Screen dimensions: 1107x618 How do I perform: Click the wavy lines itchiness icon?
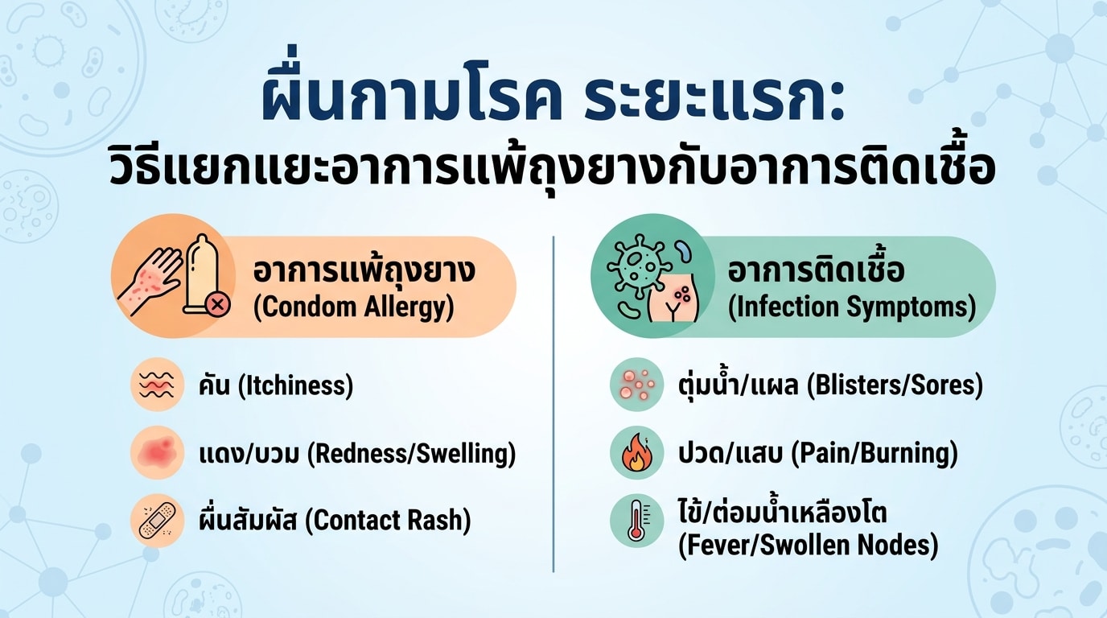click(x=157, y=385)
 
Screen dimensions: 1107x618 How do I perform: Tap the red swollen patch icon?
click(x=157, y=452)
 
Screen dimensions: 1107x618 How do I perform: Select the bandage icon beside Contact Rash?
click(x=157, y=521)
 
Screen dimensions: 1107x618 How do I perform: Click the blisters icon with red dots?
click(x=636, y=385)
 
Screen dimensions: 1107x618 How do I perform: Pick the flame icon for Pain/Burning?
click(x=636, y=452)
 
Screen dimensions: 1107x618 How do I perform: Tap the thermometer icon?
click(x=636, y=521)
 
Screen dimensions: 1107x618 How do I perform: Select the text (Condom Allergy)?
click(x=353, y=307)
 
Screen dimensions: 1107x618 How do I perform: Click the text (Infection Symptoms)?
click(x=852, y=307)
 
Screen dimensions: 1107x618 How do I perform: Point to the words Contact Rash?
click(x=388, y=521)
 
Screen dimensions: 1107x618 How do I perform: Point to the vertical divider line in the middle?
click(x=553, y=404)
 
